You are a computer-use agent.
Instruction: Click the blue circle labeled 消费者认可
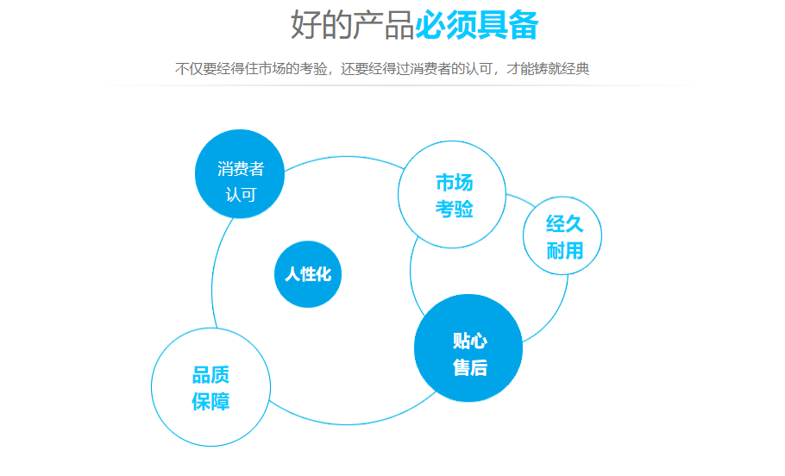click(241, 173)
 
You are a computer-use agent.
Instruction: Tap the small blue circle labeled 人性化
click(308, 274)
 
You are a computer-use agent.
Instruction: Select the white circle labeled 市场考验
click(453, 195)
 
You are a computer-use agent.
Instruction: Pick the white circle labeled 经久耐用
click(563, 236)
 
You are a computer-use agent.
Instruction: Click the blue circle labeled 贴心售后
click(468, 349)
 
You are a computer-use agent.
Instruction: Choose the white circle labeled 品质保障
click(210, 388)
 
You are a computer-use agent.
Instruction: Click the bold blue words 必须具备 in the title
click(476, 26)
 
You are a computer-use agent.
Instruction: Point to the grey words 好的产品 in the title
click(352, 26)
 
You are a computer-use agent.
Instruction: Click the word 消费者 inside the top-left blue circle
click(241, 169)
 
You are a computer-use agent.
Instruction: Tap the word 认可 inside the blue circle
click(241, 195)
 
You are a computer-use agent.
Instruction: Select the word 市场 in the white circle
click(454, 183)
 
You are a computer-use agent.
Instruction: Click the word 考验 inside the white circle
click(454, 209)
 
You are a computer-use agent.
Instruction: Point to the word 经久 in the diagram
click(564, 224)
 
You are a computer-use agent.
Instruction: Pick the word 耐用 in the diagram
click(564, 250)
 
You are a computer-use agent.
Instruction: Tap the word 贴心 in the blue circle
click(470, 341)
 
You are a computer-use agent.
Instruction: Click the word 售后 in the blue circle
click(470, 368)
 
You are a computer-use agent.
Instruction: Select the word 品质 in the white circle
click(210, 376)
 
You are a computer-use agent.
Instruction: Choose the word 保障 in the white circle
click(210, 402)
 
